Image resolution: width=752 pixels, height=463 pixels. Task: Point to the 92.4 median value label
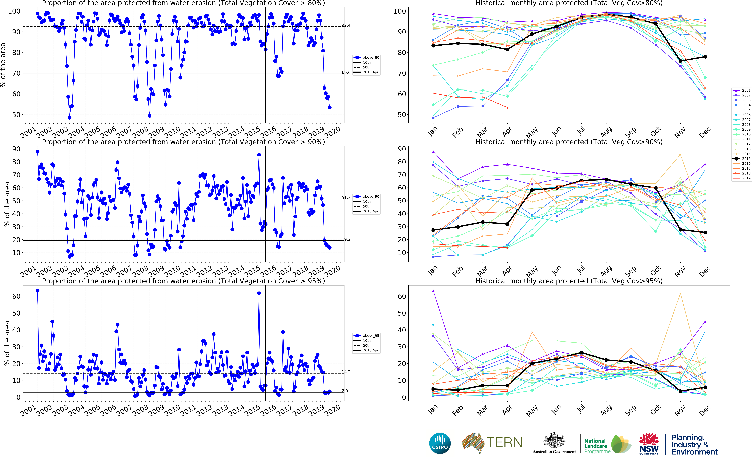click(x=346, y=25)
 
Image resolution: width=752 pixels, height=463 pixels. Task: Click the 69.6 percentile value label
click(x=346, y=73)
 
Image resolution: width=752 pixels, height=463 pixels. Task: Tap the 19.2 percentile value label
click(x=346, y=239)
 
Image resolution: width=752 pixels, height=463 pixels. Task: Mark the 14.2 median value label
click(x=346, y=372)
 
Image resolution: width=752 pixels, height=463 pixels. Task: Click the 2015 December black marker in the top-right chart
click(x=705, y=57)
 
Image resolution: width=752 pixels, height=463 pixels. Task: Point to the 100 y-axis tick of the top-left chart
click(x=14, y=11)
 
